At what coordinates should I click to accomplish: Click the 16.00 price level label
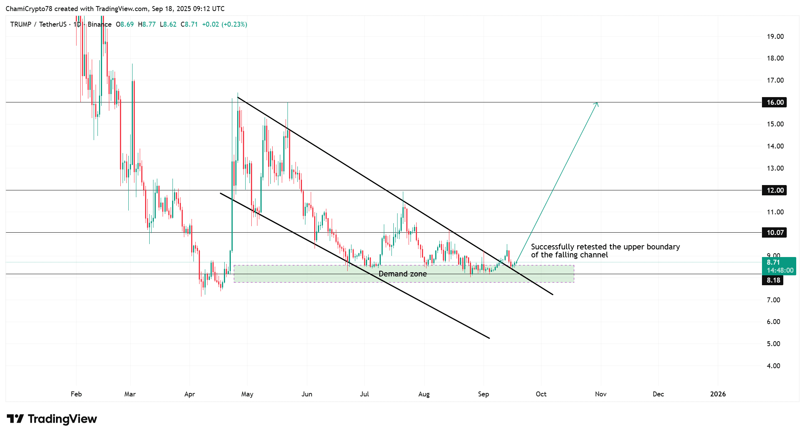click(775, 102)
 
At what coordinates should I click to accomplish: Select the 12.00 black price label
click(775, 190)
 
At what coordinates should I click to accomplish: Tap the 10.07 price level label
click(775, 233)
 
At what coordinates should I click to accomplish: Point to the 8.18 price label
click(773, 280)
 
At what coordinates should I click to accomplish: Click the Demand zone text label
click(402, 274)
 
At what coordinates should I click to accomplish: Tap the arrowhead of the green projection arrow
click(597, 104)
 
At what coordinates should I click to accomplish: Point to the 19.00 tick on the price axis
click(775, 37)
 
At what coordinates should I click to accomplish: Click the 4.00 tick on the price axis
click(773, 366)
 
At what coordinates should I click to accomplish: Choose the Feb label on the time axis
click(76, 394)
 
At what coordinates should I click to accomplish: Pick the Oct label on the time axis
click(541, 394)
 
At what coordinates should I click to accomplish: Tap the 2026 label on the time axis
click(718, 394)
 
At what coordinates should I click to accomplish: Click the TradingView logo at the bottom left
click(52, 419)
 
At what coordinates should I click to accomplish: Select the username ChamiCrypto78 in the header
click(29, 9)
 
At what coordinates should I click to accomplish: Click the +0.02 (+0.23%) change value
click(224, 24)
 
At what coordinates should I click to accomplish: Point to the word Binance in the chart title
click(99, 24)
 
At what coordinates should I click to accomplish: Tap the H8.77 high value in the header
click(147, 24)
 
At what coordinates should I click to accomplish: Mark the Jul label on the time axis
click(364, 394)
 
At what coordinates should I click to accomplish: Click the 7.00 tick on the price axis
click(773, 300)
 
